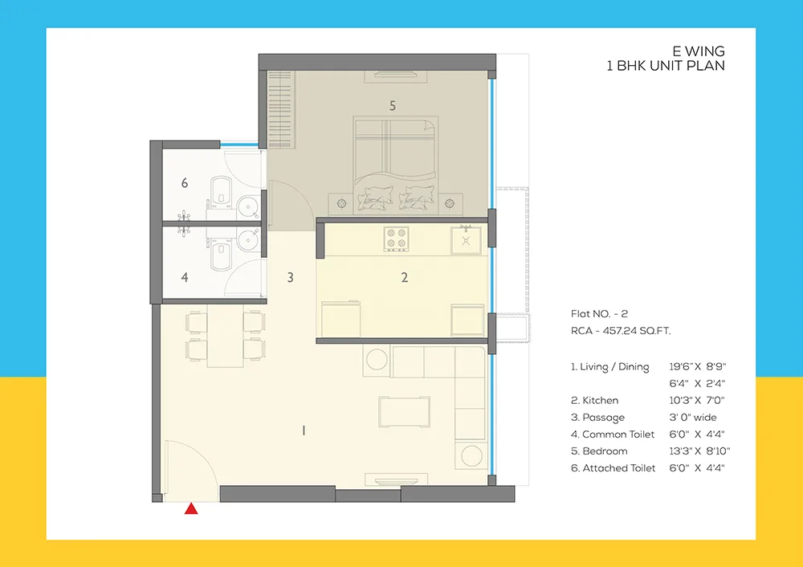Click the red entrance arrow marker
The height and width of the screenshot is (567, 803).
point(191,508)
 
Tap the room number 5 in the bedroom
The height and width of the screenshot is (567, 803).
point(392,105)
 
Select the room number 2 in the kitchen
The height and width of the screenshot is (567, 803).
point(405,278)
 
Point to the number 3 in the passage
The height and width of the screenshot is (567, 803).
point(290,278)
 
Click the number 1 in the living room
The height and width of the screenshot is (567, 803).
point(304,431)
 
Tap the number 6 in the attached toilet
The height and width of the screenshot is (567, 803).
point(185,183)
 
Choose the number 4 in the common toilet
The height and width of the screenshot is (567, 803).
point(185,278)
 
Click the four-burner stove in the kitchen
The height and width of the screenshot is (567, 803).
point(396,239)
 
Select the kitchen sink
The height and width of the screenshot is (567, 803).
point(465,238)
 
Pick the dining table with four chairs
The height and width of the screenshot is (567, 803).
point(226,337)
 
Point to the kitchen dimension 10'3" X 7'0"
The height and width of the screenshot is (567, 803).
point(696,400)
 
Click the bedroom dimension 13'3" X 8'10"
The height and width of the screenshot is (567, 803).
point(699,451)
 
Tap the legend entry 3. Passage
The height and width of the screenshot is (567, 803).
point(597,418)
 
